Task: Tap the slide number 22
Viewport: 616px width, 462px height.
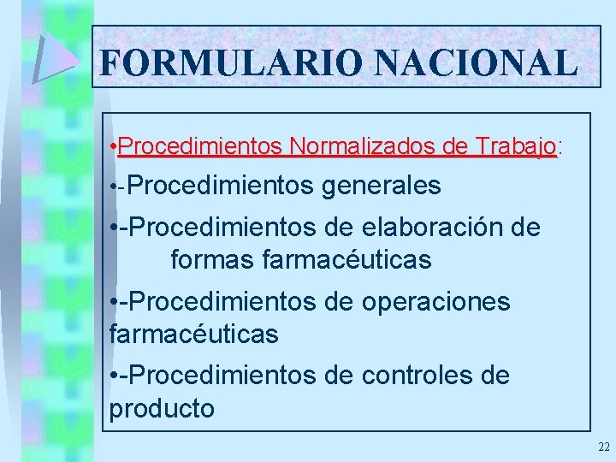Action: [604, 447]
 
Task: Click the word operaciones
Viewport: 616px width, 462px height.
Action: [436, 302]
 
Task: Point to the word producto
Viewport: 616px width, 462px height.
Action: [163, 408]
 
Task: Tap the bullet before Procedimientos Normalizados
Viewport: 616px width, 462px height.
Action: [114, 148]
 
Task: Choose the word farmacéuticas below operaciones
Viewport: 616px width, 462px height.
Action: [194, 334]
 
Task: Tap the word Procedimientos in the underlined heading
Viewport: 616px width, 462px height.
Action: [201, 147]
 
